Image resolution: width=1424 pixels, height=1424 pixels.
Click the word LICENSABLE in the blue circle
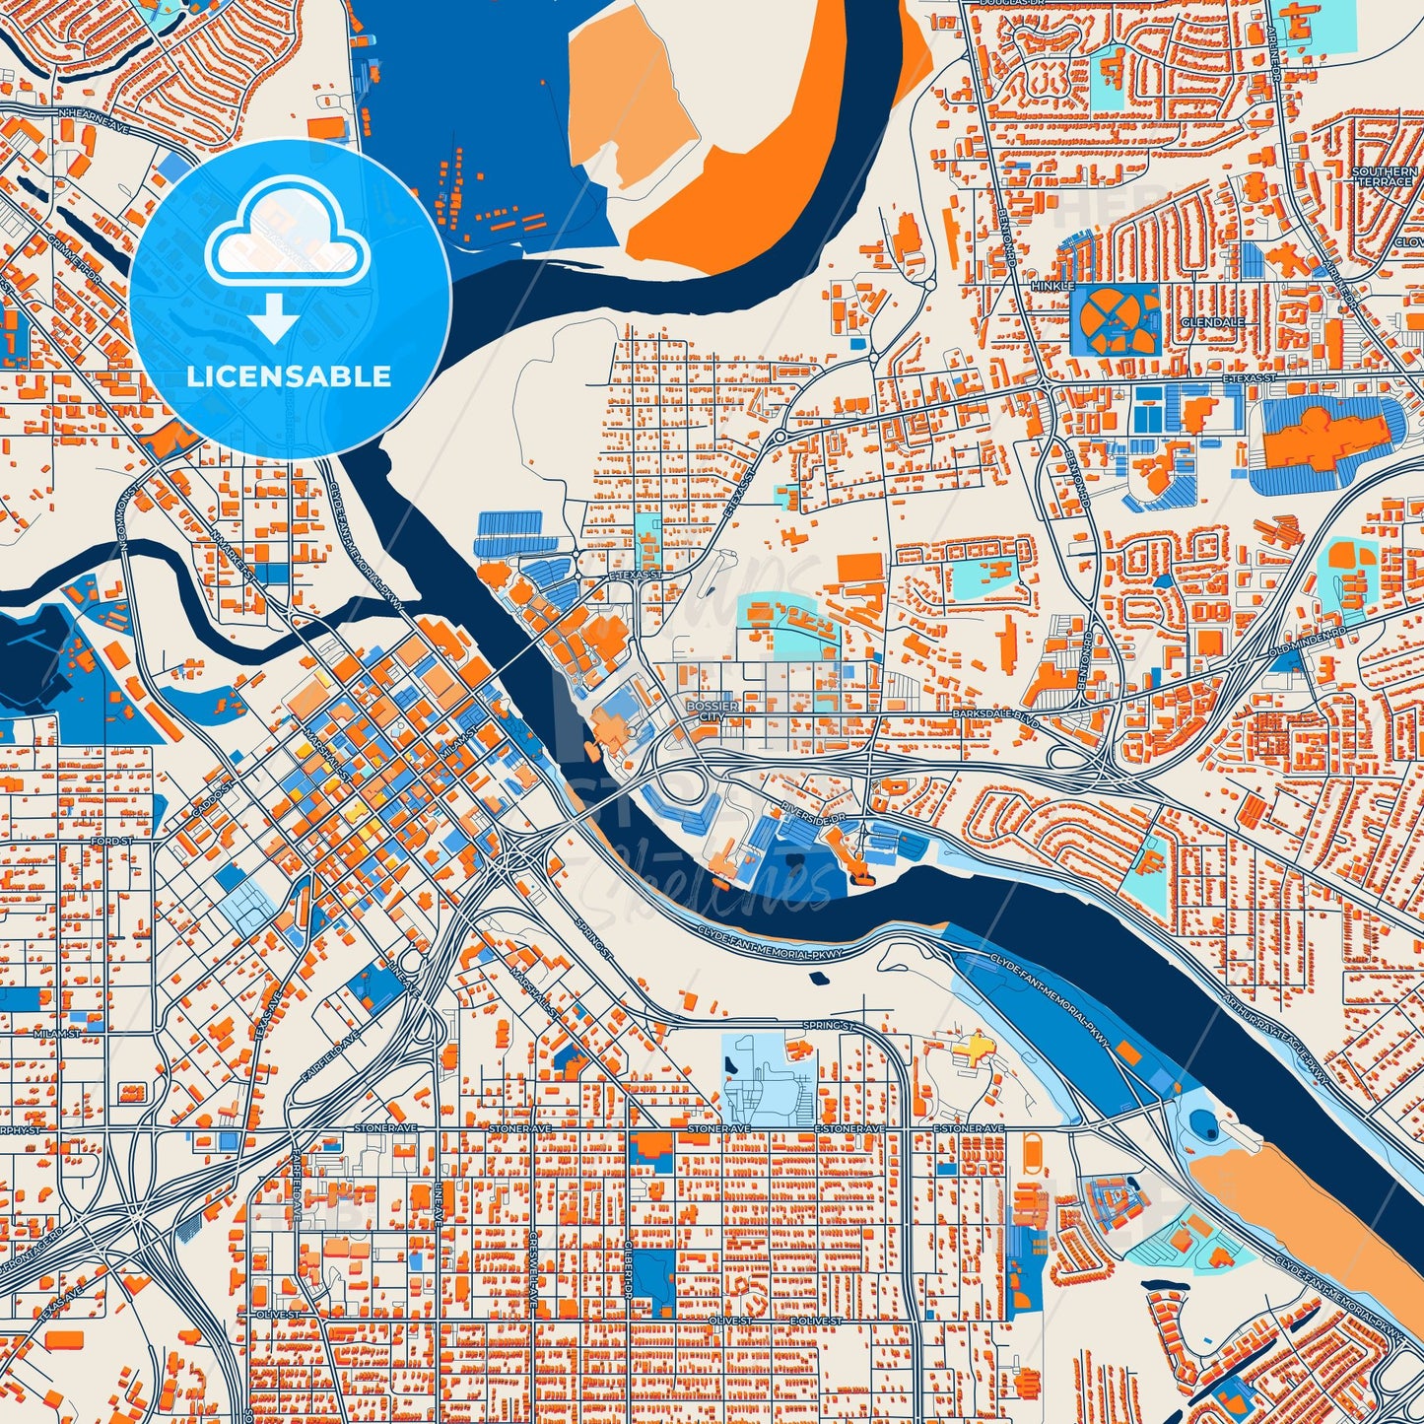(289, 376)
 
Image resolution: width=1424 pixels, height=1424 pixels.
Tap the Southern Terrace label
(1384, 177)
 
